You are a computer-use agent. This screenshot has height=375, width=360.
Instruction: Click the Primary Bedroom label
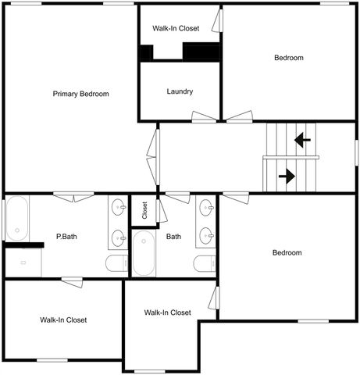(x=80, y=94)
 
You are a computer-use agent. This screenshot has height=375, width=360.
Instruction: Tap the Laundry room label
(x=180, y=91)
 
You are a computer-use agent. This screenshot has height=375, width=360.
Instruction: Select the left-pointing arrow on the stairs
(x=302, y=141)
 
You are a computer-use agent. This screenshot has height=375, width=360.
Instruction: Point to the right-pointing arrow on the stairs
(x=287, y=176)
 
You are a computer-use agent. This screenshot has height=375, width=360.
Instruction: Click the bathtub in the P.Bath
(x=17, y=218)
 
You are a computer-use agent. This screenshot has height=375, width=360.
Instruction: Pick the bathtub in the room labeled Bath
(x=144, y=253)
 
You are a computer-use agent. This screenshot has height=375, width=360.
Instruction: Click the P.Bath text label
(x=66, y=236)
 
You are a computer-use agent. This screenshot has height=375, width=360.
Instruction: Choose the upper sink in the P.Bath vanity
(x=119, y=208)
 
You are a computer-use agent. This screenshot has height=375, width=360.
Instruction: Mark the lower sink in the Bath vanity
(x=206, y=235)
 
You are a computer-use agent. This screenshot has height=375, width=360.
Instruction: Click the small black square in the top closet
(x=145, y=52)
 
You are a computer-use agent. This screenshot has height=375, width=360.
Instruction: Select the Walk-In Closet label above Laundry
(x=176, y=28)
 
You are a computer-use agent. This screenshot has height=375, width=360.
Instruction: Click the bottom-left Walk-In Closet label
(x=63, y=320)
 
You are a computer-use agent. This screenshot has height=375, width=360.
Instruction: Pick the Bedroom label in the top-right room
(x=288, y=58)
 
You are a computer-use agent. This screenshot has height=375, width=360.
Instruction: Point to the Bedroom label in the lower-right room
(x=287, y=252)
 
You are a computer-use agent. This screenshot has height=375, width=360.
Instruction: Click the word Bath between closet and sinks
(x=173, y=236)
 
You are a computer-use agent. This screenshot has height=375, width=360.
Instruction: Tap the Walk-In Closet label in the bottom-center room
(x=167, y=312)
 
